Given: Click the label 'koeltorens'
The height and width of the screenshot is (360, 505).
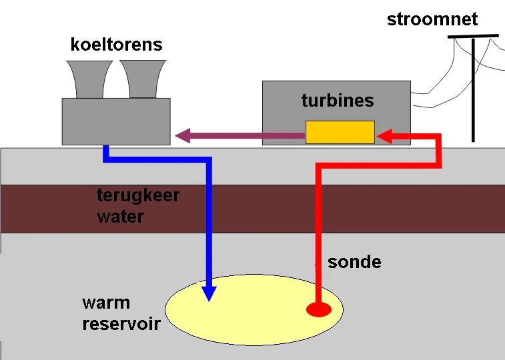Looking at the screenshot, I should (x=116, y=45).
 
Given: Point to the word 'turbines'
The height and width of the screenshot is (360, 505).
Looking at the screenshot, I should (x=338, y=101).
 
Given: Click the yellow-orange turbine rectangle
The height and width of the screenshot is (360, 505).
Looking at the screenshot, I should (x=340, y=132).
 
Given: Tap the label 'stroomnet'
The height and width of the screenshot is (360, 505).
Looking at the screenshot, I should (x=432, y=19).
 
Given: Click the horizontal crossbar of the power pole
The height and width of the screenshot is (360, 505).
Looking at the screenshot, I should (x=473, y=36).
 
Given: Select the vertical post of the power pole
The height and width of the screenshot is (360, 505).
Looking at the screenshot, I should (x=474, y=93).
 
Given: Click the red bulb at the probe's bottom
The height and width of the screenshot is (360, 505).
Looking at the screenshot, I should (x=318, y=309).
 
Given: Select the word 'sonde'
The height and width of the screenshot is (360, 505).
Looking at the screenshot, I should (x=354, y=262).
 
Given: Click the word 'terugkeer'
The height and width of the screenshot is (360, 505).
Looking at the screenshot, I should (x=138, y=196).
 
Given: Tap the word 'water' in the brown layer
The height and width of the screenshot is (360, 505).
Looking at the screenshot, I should (x=120, y=217).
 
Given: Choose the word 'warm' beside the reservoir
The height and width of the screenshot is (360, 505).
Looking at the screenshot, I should (x=105, y=303).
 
